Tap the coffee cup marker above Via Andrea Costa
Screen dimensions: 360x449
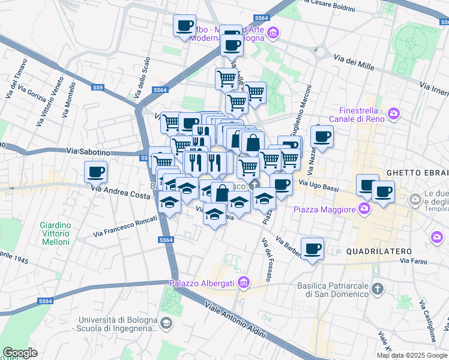point(95,172)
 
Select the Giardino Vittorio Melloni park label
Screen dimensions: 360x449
point(56,233)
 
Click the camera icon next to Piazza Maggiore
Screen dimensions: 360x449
point(364,209)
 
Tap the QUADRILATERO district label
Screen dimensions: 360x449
point(379,250)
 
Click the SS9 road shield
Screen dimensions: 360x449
point(98,88)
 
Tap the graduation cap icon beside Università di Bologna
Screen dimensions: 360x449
point(166,323)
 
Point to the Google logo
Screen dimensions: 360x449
point(20,353)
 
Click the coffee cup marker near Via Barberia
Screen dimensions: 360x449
point(312,248)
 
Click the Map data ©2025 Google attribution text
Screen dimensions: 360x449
point(412,355)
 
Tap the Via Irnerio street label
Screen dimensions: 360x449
point(434,89)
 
